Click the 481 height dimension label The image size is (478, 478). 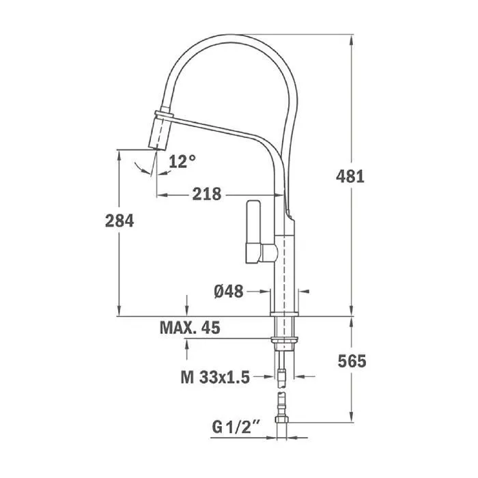[350, 176]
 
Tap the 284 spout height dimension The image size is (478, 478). [119, 221]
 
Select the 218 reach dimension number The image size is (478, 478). [207, 194]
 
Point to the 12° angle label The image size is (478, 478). [182, 161]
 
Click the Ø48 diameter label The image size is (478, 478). [229, 292]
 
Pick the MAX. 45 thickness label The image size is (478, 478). [190, 328]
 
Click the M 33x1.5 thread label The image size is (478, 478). [215, 377]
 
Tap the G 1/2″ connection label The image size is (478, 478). [236, 427]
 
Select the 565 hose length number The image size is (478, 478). [352, 361]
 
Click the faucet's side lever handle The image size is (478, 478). [253, 231]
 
